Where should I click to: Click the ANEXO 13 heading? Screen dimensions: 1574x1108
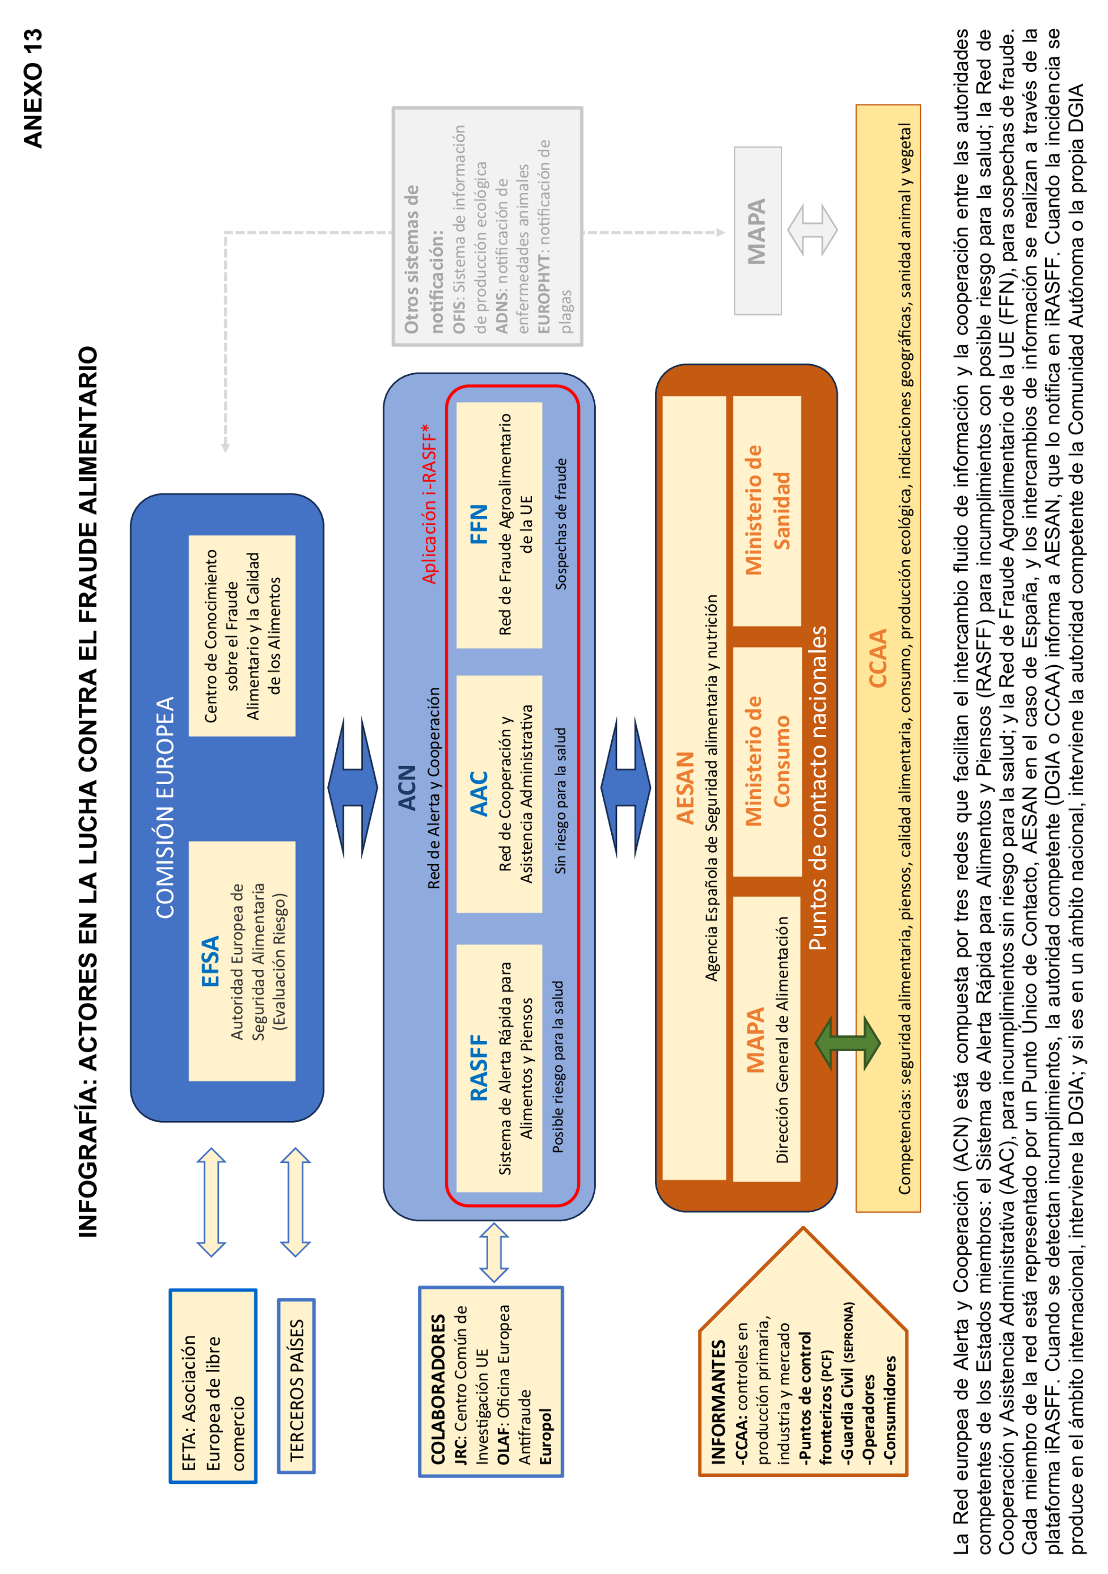(32, 88)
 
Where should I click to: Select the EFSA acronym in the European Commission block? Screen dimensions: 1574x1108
(210, 961)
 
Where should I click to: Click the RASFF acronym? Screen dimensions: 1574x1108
(478, 1068)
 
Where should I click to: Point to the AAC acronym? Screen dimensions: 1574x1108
(478, 794)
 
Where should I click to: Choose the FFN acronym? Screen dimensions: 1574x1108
(478, 524)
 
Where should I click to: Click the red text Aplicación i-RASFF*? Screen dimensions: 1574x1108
(429, 504)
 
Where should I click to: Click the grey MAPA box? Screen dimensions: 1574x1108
(757, 231)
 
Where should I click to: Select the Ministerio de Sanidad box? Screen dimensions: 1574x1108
(767, 511)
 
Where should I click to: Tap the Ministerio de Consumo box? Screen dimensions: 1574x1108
(767, 761)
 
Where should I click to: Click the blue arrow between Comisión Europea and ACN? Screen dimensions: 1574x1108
(353, 788)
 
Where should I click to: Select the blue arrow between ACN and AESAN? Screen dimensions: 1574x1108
(625, 788)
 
